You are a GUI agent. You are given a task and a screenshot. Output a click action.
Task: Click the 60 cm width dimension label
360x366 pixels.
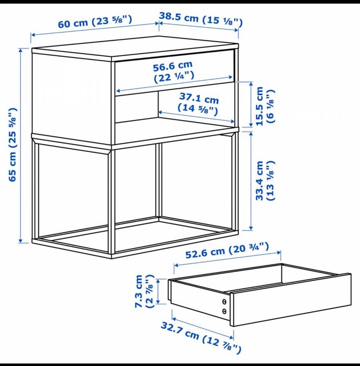95,21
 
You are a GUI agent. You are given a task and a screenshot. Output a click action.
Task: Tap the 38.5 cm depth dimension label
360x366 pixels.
201,19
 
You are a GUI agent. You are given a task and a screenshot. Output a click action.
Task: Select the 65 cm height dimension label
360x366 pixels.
13,145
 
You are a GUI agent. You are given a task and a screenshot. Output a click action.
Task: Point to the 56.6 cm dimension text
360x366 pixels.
174,72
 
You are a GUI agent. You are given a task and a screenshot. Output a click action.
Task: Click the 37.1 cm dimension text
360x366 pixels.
198,104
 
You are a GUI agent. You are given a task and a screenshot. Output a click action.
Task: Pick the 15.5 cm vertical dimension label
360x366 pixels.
265,106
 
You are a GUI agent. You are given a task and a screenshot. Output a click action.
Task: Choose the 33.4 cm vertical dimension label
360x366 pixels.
265,181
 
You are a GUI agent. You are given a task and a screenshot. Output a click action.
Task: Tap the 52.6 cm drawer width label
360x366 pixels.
227,250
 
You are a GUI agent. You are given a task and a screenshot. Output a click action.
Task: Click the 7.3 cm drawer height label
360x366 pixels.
145,291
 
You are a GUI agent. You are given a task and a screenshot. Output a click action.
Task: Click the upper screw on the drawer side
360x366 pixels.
224,302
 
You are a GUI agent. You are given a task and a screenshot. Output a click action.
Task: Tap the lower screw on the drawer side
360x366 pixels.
224,311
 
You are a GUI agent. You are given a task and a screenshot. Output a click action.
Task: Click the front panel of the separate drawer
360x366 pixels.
291,300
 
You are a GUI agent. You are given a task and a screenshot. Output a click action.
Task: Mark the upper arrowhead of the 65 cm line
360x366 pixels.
21,50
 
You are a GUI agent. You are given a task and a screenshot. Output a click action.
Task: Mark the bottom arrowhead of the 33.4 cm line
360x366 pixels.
251,228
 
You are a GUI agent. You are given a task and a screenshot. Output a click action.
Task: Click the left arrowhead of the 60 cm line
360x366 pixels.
33,35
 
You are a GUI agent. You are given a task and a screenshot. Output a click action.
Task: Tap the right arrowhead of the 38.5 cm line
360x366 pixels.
236,30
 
